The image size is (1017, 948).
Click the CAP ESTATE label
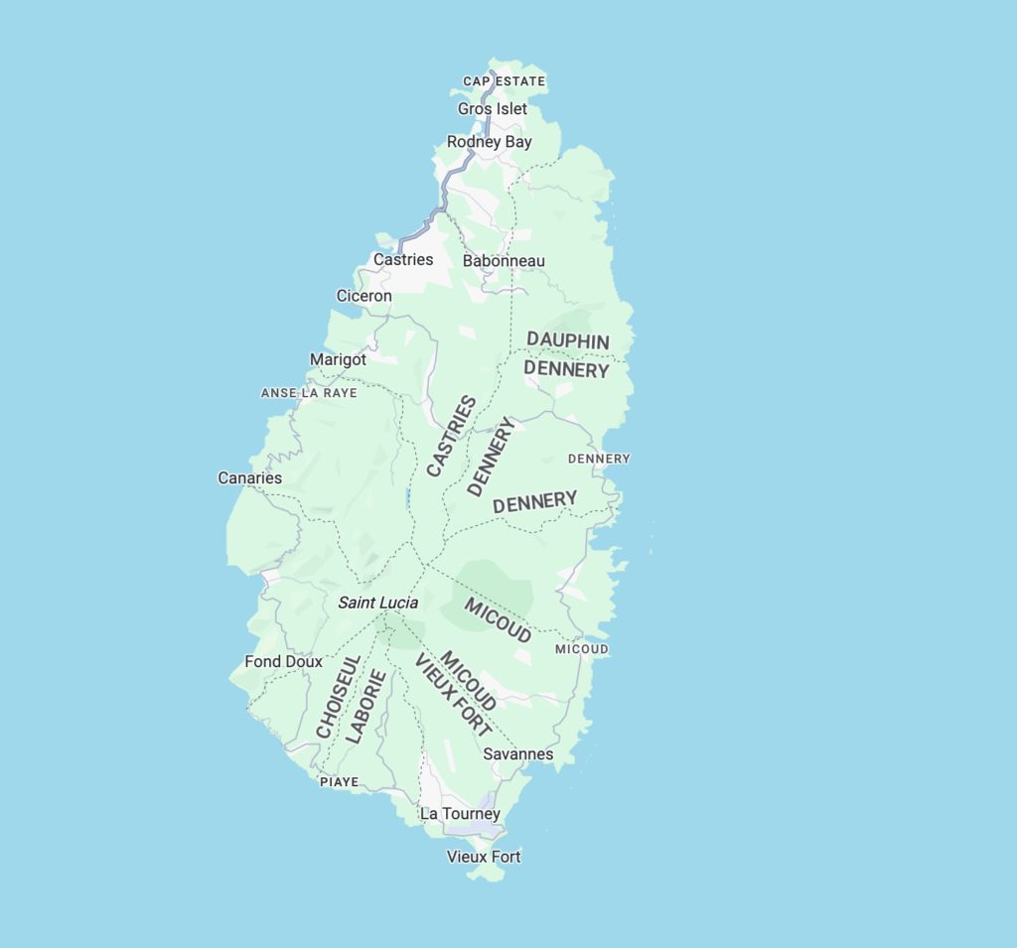click(505, 81)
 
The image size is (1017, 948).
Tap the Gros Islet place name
click(492, 109)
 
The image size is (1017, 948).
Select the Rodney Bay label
click(489, 142)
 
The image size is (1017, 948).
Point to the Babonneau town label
click(504, 261)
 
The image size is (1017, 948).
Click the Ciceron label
click(363, 296)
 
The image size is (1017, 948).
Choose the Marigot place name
click(338, 359)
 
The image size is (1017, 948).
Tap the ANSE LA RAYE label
click(309, 393)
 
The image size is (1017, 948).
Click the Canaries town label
click(250, 478)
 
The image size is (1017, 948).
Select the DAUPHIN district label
click(568, 340)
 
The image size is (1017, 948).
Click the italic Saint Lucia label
click(377, 603)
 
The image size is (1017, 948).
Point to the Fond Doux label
click(283, 661)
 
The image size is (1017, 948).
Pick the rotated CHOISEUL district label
click(339, 696)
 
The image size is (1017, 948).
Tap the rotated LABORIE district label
click(365, 707)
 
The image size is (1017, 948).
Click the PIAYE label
click(339, 782)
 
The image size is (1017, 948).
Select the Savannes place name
click(517, 754)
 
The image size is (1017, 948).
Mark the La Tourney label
click(460, 814)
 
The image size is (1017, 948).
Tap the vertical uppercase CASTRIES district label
click(451, 436)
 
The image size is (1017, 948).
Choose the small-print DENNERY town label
click(598, 459)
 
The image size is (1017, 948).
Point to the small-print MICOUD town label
click(581, 649)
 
